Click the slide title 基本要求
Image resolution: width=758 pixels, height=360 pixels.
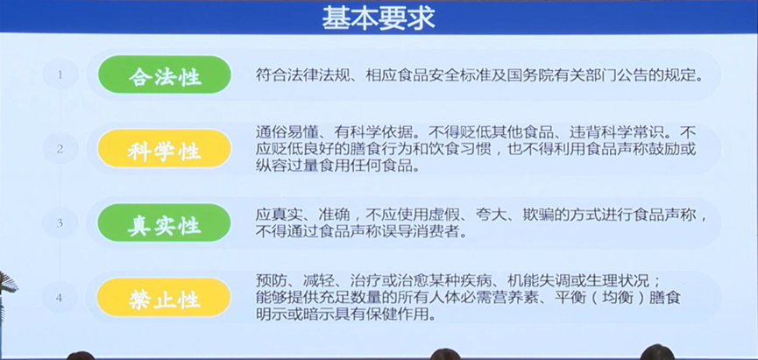379,18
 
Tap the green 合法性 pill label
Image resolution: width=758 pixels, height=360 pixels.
165,75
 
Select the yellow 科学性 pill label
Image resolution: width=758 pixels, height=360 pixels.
165,149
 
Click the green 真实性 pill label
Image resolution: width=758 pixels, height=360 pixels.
165,222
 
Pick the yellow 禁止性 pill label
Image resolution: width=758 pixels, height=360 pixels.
164,298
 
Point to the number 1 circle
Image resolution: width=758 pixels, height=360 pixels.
60,74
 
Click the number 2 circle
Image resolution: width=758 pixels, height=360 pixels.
60,149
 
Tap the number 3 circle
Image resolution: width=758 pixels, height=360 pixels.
60,222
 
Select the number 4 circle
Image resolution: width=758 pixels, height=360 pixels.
60,297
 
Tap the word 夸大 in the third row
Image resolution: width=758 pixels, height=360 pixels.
489,214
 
